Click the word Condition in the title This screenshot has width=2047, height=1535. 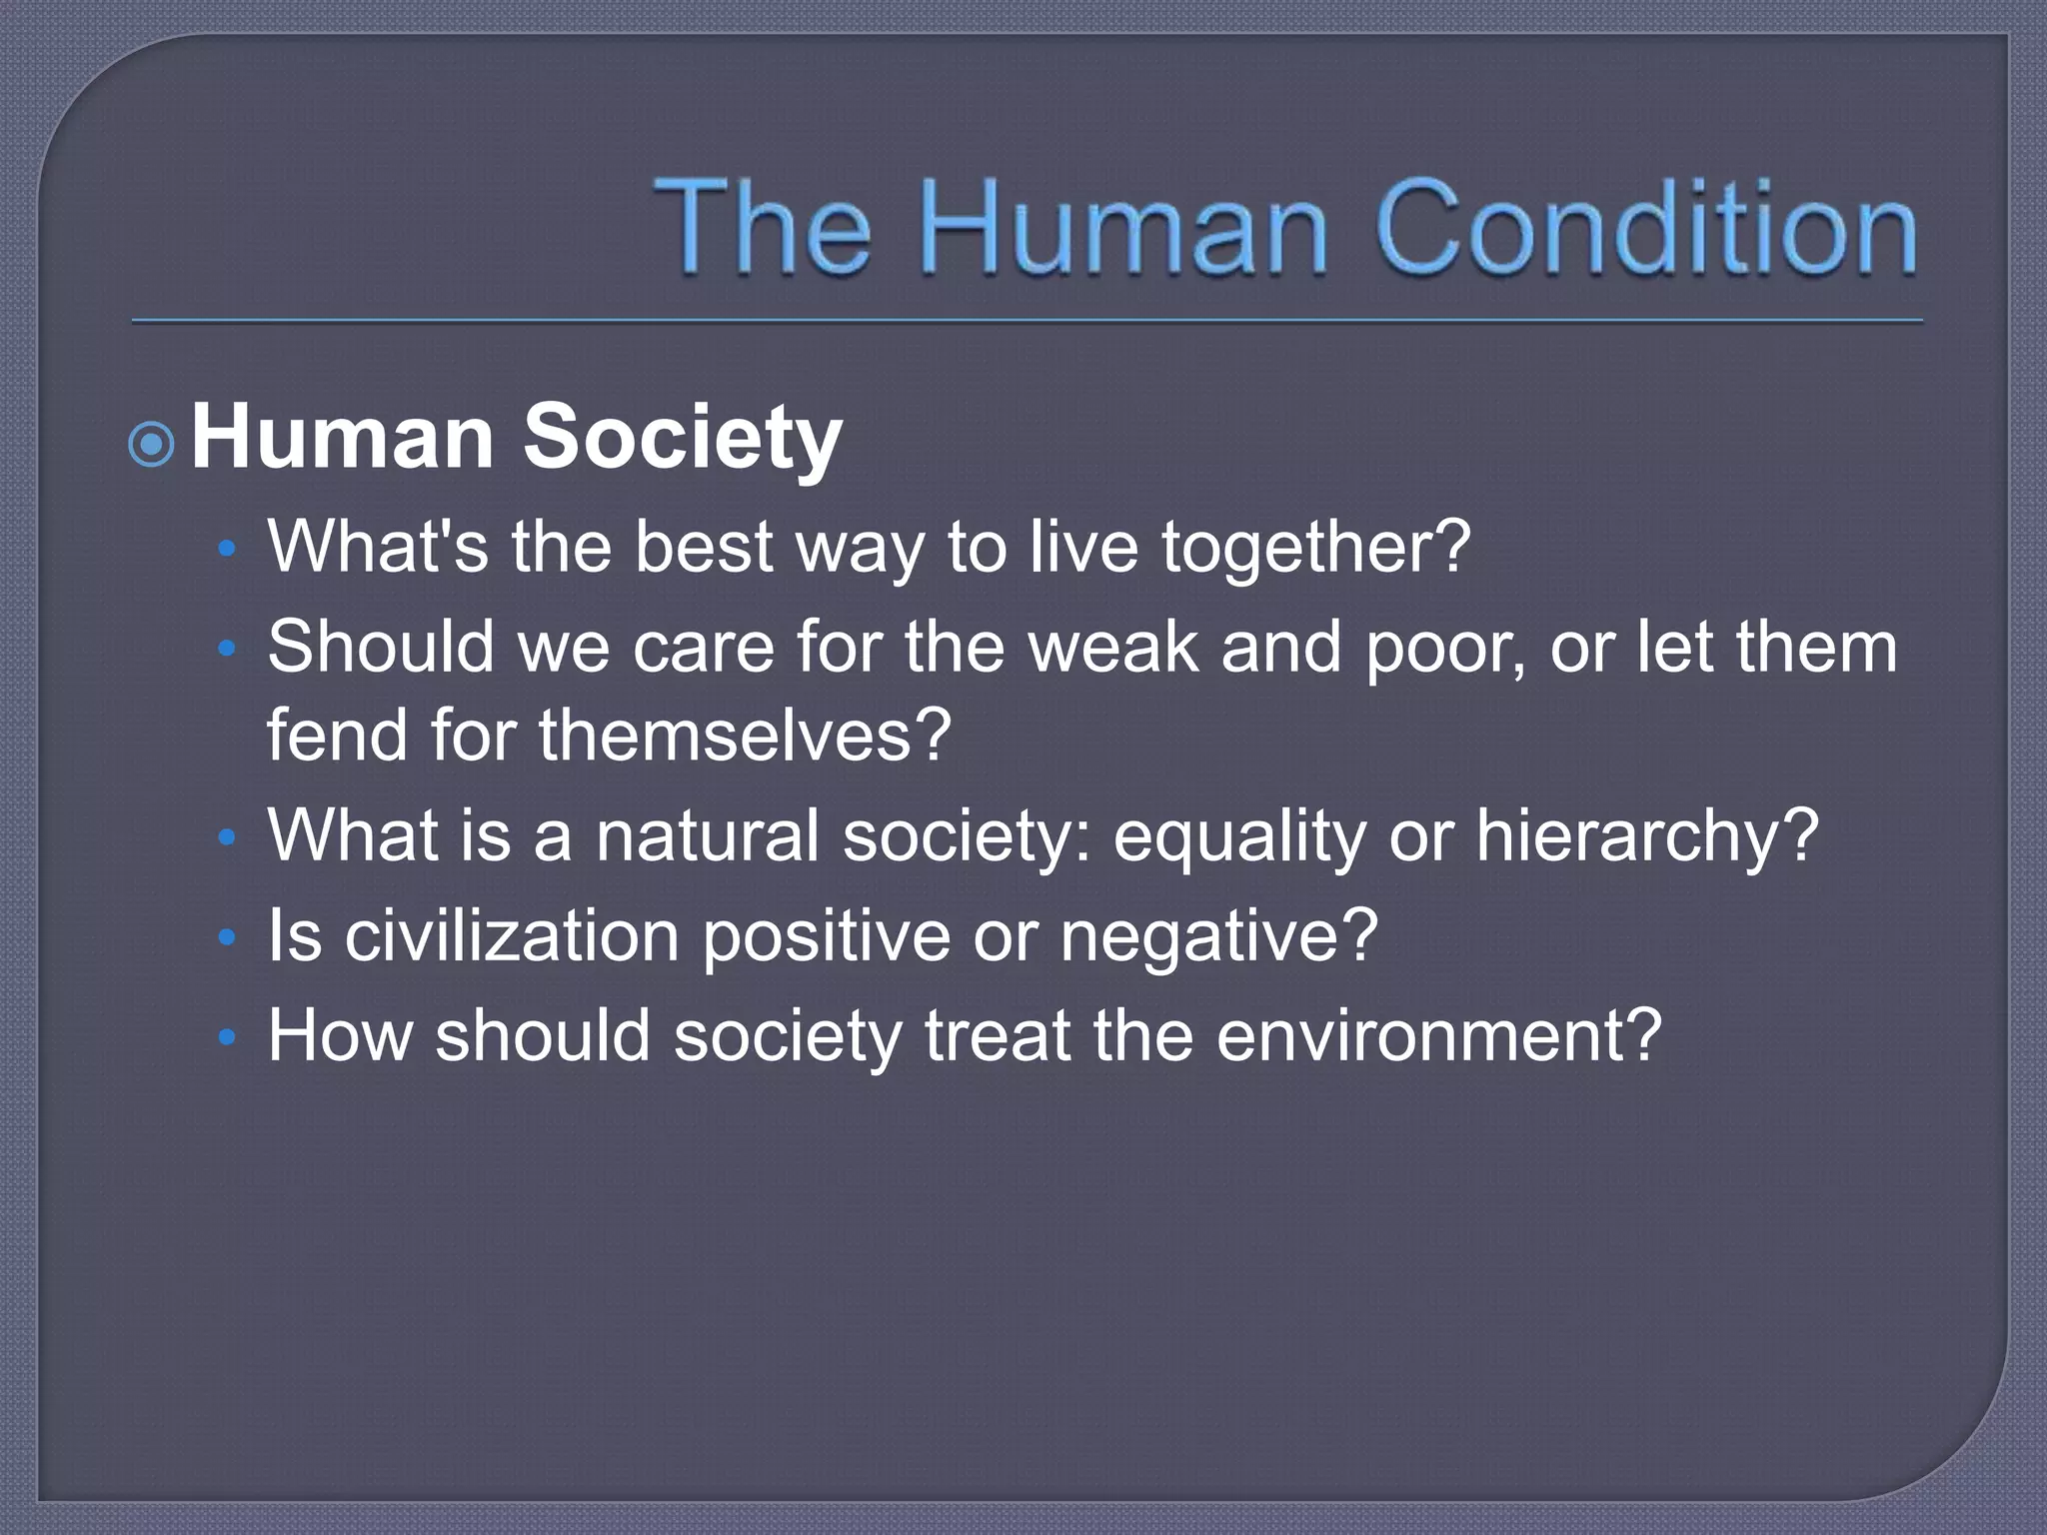(x=1646, y=228)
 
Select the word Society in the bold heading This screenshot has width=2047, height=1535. (x=683, y=438)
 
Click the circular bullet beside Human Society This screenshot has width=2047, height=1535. (x=153, y=444)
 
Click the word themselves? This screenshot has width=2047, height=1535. (x=745, y=735)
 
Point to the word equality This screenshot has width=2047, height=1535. (x=1238, y=836)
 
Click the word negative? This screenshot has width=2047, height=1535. (x=1218, y=937)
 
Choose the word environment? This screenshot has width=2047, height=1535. (x=1438, y=1035)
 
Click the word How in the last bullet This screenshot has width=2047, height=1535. (x=340, y=1035)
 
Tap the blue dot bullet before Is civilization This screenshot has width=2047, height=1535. (x=227, y=937)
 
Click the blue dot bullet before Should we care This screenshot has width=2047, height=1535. (x=227, y=649)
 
